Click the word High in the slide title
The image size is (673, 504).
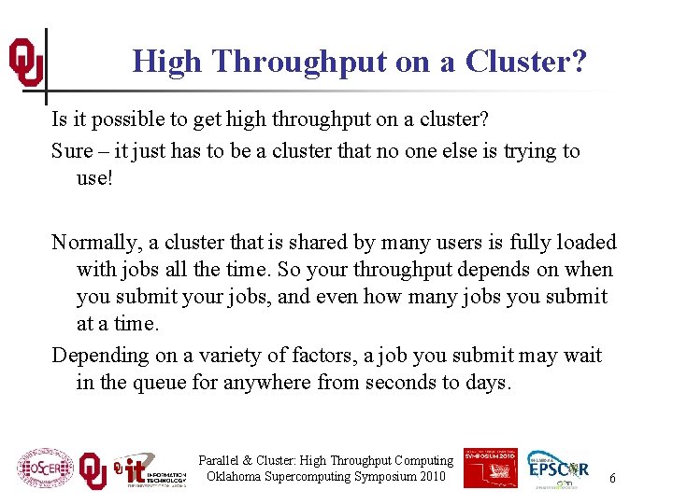(167, 62)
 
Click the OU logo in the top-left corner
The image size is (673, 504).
(25, 63)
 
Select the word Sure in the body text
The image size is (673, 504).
(72, 151)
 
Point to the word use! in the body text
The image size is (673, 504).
(94, 177)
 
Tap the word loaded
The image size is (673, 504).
(581, 243)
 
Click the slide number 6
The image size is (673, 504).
(612, 478)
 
